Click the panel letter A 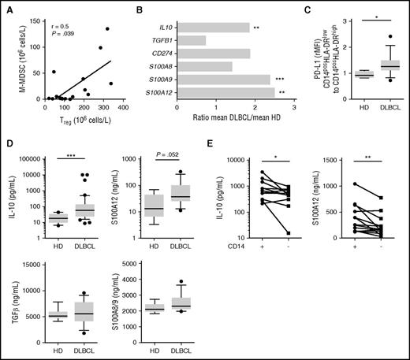pos(7,7)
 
